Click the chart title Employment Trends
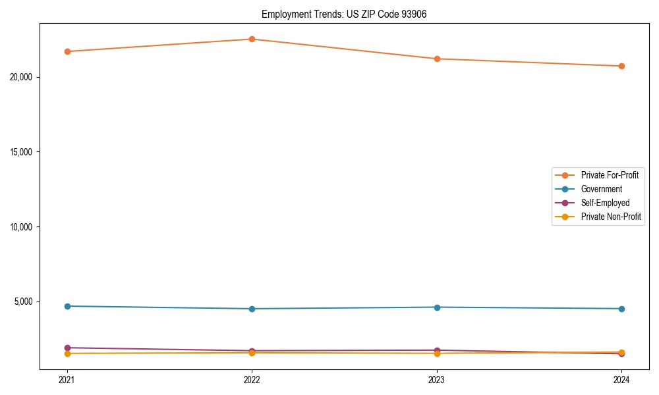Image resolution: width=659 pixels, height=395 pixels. click(344, 14)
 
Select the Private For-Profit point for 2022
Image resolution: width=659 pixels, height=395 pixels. click(252, 39)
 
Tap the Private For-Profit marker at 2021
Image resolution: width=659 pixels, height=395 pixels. click(67, 51)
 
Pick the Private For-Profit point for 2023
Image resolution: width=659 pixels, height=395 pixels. click(437, 59)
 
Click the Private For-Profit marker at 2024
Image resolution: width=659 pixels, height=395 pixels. click(621, 66)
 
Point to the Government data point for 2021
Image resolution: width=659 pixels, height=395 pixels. click(67, 306)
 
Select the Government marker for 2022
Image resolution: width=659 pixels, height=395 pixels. click(252, 309)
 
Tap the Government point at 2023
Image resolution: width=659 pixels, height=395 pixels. click(437, 307)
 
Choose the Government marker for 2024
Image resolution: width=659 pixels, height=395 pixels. click(621, 309)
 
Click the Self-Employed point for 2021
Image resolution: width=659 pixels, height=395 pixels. click(67, 348)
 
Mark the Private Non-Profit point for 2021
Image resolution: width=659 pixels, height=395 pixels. click(67, 354)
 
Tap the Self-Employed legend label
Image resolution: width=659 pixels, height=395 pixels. click(605, 203)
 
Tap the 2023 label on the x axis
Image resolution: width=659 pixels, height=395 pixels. click(437, 379)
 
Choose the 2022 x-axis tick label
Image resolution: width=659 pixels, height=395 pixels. click(252, 379)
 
